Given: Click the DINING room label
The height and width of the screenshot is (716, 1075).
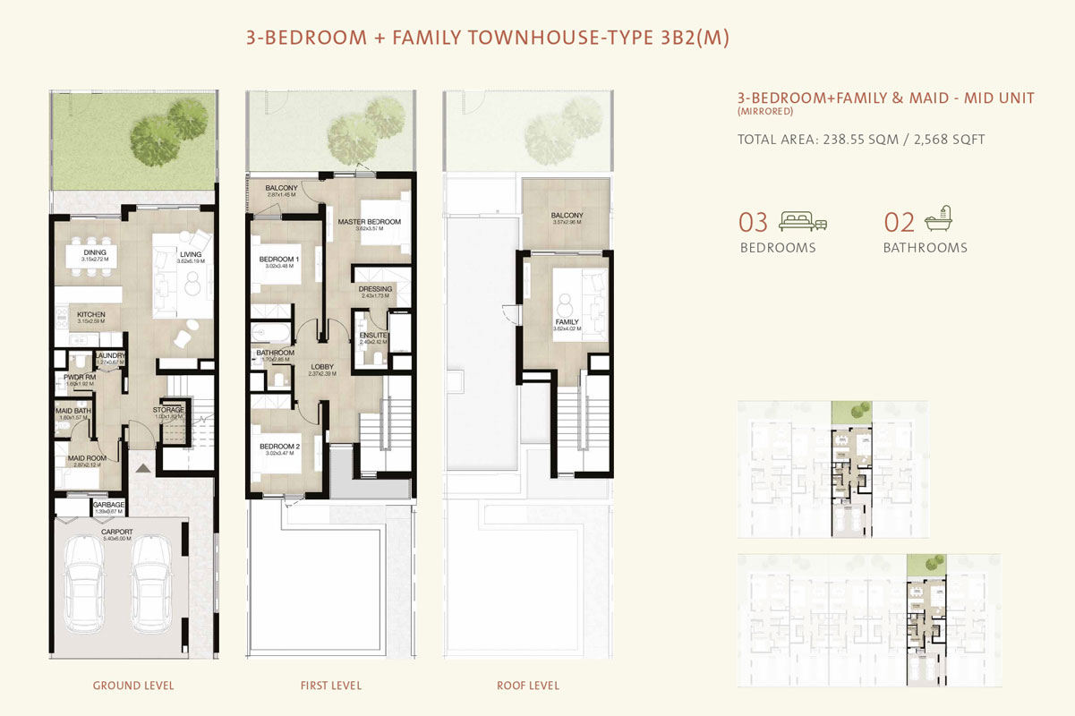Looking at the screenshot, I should click(95, 253).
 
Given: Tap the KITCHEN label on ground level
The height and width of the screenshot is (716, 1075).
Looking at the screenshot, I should click(91, 315).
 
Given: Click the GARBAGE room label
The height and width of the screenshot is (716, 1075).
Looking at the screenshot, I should click(108, 505).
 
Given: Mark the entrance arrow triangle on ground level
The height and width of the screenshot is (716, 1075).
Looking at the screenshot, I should click(141, 467).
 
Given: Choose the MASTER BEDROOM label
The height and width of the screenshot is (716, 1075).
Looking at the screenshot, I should click(369, 222).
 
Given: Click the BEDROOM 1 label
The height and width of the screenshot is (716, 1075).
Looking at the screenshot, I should click(278, 260).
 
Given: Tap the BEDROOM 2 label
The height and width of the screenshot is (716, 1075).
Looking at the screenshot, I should click(278, 447).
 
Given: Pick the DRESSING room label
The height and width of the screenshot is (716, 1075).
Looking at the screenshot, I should click(375, 289).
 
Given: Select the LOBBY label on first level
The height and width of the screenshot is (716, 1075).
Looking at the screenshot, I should click(321, 367).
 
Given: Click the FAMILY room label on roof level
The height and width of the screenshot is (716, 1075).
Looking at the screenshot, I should click(567, 322).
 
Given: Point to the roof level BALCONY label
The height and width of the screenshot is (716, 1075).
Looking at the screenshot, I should click(567, 216).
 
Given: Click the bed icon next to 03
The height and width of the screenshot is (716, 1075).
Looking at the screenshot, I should click(803, 221).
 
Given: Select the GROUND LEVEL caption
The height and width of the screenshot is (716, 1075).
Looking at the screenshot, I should click(133, 686).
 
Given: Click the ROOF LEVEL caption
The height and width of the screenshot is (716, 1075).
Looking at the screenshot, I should click(528, 686).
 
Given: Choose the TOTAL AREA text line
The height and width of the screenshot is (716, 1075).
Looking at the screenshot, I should click(860, 140).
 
